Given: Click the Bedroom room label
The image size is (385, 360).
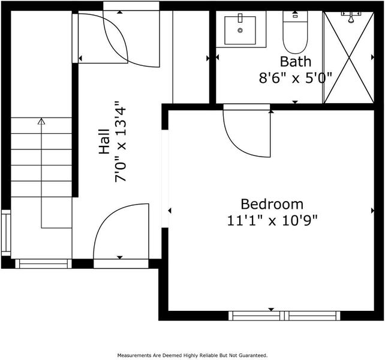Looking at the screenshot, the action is pyautogui.click(x=272, y=204).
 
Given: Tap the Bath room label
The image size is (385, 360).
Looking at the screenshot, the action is pyautogui.click(x=296, y=61).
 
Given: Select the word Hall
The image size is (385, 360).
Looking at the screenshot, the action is pyautogui.click(x=104, y=142).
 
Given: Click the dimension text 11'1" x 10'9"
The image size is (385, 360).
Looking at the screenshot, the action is pyautogui.click(x=272, y=220).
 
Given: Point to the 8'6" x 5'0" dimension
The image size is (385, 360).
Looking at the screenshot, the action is pyautogui.click(x=296, y=78).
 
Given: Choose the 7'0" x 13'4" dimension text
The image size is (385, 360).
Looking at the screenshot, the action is pyautogui.click(x=121, y=142).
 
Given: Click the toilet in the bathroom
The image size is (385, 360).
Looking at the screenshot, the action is pyautogui.click(x=295, y=32).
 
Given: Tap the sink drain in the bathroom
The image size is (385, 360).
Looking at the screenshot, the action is pyautogui.click(x=240, y=30).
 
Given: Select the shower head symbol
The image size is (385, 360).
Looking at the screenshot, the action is pyautogui.click(x=351, y=17).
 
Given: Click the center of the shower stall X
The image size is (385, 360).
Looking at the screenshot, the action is pyautogui.click(x=349, y=58).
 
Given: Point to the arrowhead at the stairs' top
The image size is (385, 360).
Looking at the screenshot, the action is pyautogui.click(x=41, y=121).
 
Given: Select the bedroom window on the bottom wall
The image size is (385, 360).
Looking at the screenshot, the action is pyautogui.click(x=284, y=316).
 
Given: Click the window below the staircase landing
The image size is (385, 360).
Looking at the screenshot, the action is pyautogui.click(x=43, y=263).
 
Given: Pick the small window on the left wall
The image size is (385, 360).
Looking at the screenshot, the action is pyautogui.click(x=6, y=233).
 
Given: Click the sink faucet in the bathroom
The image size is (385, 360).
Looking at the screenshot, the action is pyautogui.click(x=240, y=17).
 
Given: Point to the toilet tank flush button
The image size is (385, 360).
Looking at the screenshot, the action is pyautogui.click(x=295, y=16).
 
